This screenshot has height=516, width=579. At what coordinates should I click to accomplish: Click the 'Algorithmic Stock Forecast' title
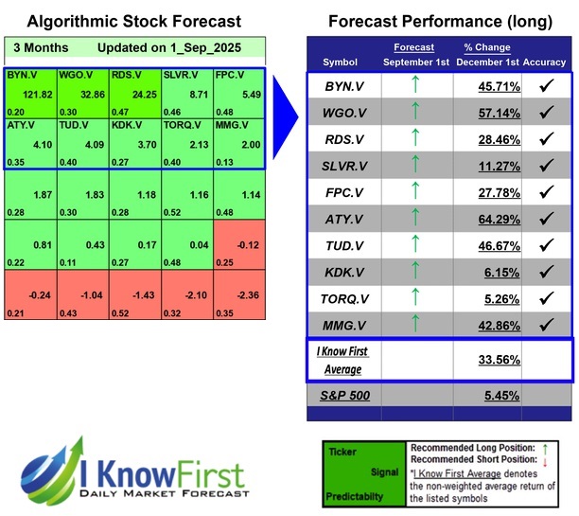(x=133, y=21)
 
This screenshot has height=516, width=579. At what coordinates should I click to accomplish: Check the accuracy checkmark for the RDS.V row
(x=546, y=140)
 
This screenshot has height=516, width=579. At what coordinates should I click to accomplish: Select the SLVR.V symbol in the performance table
(x=341, y=168)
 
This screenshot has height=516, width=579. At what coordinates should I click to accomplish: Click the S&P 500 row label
(x=340, y=394)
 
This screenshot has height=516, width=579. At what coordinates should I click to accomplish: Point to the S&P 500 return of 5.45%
(x=485, y=394)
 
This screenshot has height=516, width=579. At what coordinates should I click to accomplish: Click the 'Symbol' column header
(x=340, y=62)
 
